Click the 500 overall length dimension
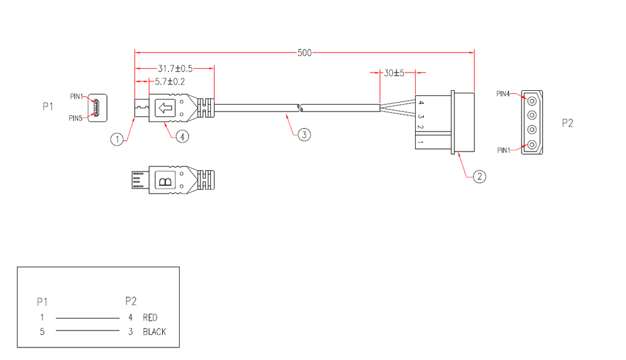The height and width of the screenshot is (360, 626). (304, 53)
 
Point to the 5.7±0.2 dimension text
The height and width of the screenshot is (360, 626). (170, 81)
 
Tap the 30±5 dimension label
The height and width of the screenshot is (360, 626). (394, 73)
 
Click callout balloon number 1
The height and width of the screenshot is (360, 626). (117, 139)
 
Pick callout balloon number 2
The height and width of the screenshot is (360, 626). (479, 177)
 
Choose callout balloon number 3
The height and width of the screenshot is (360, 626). (303, 135)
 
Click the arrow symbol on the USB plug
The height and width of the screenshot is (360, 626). (165, 108)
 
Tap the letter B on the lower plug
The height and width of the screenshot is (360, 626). (165, 182)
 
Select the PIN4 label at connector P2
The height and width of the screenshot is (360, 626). (503, 94)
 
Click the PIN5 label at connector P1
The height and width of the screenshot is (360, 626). (76, 118)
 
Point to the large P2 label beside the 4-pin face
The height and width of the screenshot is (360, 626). (567, 123)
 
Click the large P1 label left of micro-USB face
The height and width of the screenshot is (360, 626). (48, 107)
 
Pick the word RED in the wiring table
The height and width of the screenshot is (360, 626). (150, 317)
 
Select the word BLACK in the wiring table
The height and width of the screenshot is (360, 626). (155, 332)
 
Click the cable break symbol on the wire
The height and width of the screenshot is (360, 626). (299, 108)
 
